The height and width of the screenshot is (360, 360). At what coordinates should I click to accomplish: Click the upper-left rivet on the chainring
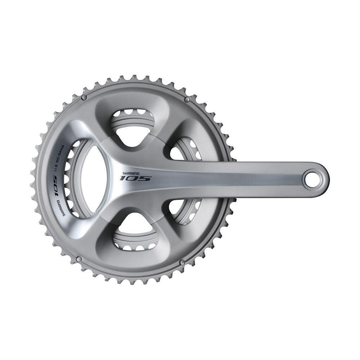coord(84,98)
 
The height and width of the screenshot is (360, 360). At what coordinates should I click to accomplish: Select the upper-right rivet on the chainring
coord(187,99)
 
